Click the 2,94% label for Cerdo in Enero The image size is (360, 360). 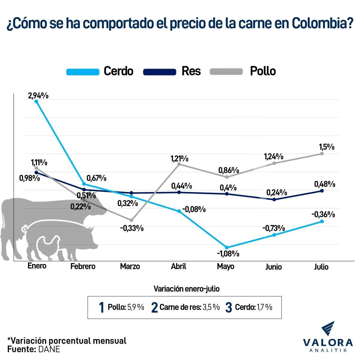(38, 96)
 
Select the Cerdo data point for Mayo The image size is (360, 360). (227, 247)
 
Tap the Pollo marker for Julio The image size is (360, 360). (322, 154)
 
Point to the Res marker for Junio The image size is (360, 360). (274, 199)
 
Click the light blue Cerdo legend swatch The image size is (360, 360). (83, 72)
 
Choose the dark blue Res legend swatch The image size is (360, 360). (160, 72)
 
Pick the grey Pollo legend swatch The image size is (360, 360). (226, 72)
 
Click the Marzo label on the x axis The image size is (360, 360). (130, 266)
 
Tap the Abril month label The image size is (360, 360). (178, 266)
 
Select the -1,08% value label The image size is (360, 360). (228, 254)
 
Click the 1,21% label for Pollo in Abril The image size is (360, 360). (179, 158)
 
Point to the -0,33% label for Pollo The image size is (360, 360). (132, 228)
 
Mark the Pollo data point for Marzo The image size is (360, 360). (131, 220)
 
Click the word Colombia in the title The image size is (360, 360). (322, 24)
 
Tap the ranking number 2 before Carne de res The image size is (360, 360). (154, 307)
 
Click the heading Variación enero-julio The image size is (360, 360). (186, 289)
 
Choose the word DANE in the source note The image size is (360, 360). (49, 349)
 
